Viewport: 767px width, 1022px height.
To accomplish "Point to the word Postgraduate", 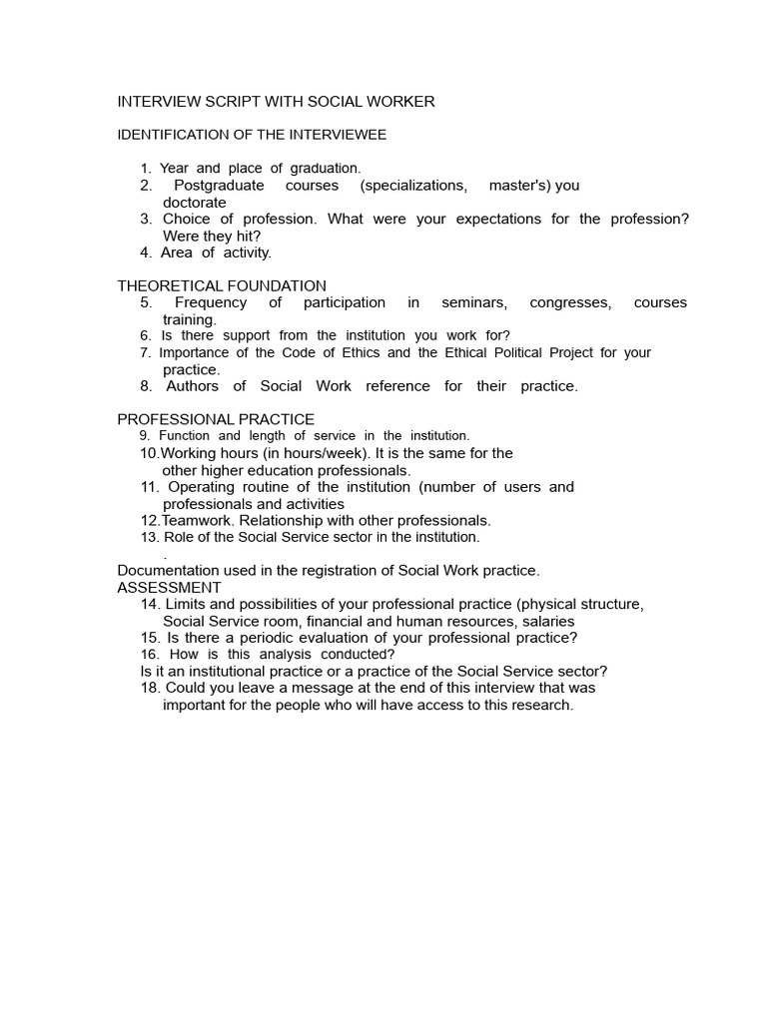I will tap(219, 186).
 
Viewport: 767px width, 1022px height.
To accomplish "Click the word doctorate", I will tap(195, 203).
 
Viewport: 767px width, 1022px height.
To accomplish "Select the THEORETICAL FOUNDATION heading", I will tap(222, 286).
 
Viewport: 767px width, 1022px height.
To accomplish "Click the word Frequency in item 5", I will tap(211, 302).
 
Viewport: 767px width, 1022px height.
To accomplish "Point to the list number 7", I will tap(146, 353).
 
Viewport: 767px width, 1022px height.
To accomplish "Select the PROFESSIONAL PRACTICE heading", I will tap(216, 419).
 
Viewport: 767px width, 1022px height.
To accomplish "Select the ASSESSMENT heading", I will tap(170, 588).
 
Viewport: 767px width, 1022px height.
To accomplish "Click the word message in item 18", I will tap(319, 688).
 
